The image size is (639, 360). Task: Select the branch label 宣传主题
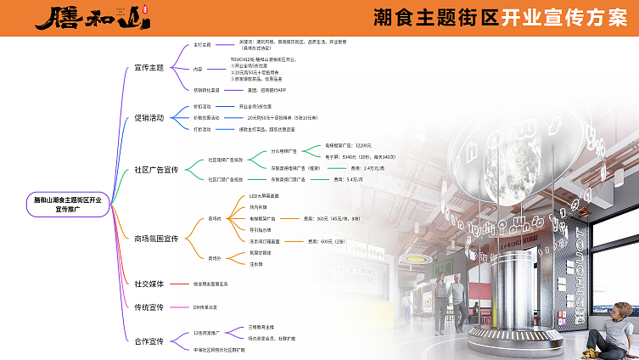point(149,67)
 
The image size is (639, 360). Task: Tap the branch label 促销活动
point(149,117)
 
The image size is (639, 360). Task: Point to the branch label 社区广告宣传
point(156,169)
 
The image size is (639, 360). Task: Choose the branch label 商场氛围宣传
point(156,239)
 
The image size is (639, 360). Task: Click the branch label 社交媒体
point(149,283)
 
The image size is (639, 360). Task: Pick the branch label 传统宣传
point(149,307)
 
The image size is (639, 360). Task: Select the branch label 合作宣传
point(149,340)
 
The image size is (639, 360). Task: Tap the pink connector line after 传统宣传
point(179,307)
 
